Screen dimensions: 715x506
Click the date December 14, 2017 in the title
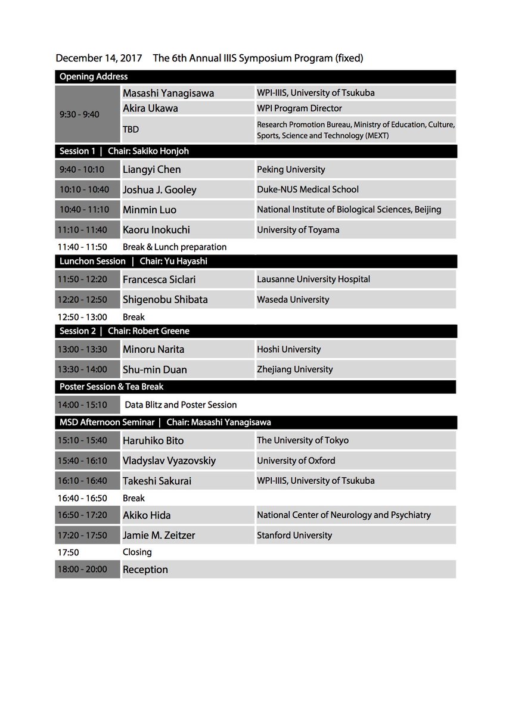tap(98, 58)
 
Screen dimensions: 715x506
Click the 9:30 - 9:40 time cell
tap(79, 114)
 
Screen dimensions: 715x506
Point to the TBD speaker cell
tap(131, 128)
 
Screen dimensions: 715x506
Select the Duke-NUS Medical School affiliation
tap(308, 189)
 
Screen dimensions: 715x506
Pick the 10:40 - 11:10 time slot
tap(84, 210)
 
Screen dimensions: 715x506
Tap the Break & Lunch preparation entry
tap(174, 247)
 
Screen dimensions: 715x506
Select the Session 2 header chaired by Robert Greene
tap(124, 331)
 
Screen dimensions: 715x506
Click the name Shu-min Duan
tap(154, 369)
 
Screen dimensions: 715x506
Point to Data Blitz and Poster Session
tap(181, 405)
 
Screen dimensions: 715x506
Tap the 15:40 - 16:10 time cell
tap(84, 461)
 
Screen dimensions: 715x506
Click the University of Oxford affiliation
tap(296, 461)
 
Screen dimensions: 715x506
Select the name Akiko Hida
tap(147, 515)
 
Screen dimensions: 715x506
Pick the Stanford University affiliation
tap(294, 535)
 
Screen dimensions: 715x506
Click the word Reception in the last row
tap(145, 570)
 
